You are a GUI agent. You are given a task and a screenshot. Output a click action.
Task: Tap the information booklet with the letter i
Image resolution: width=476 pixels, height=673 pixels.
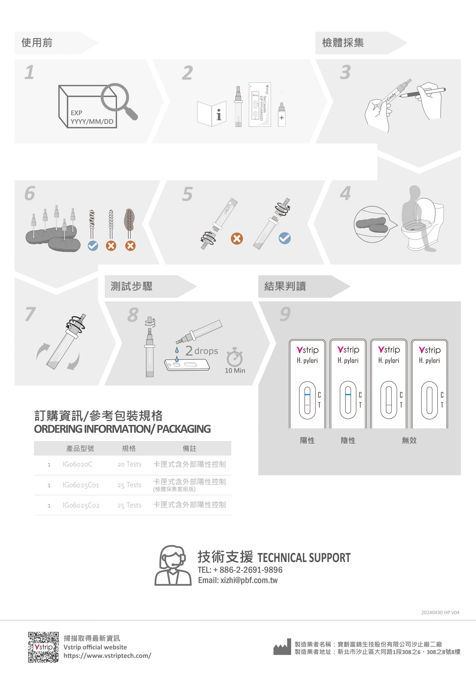coord(212,113)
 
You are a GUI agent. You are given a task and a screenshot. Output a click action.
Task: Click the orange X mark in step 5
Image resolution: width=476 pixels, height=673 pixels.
coord(237,239)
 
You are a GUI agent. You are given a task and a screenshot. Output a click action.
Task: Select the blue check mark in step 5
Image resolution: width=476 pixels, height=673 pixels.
coord(285,238)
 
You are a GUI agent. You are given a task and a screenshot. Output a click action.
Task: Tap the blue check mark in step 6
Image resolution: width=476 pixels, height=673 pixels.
coord(93,246)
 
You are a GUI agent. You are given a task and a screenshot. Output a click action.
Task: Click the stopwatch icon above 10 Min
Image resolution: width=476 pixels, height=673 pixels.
coord(234,357)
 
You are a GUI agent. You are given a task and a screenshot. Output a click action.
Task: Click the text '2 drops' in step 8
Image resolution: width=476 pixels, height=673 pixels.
coord(202,351)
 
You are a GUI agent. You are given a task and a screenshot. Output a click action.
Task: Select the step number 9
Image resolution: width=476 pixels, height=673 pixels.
coord(285,314)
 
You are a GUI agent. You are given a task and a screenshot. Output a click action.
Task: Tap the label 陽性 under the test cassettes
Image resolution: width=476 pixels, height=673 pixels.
coord(307,440)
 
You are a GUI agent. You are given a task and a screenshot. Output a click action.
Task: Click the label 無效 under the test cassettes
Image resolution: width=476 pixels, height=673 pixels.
coord(409,440)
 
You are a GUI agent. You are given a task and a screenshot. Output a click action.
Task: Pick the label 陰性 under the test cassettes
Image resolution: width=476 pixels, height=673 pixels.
coord(348,440)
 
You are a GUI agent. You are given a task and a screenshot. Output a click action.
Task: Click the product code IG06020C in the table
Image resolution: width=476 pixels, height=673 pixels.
coord(77,464)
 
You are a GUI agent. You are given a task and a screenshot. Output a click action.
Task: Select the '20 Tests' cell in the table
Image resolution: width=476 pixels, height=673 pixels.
coord(129,464)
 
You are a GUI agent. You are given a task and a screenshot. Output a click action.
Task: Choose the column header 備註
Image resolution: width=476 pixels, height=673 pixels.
coord(189,449)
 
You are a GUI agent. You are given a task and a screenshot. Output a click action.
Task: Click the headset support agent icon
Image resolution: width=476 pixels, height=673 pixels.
coord(173,565)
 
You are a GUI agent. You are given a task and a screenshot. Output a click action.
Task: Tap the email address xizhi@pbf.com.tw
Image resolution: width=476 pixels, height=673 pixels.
coord(249,580)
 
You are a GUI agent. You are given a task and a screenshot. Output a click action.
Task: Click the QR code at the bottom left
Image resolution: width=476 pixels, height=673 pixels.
coord(43,647)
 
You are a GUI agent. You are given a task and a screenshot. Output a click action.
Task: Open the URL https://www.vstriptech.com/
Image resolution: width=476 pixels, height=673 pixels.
coord(107,656)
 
